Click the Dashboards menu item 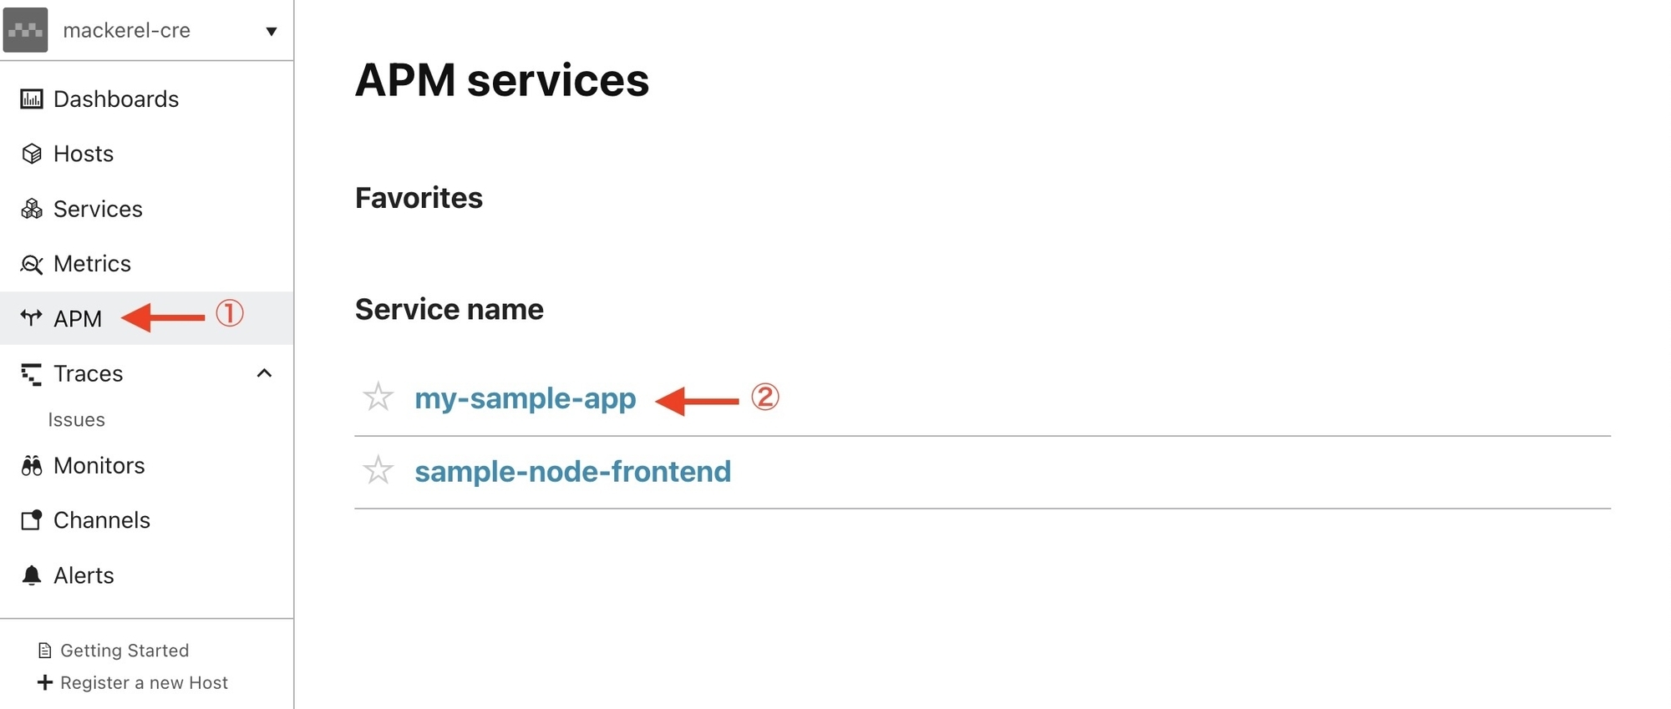pyautogui.click(x=115, y=99)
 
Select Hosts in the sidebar pyautogui.click(x=83, y=154)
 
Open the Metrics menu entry pyautogui.click(x=92, y=264)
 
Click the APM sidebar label pyautogui.click(x=78, y=319)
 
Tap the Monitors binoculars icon pyautogui.click(x=32, y=466)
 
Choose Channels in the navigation pyautogui.click(x=101, y=520)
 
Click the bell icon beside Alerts pyautogui.click(x=32, y=575)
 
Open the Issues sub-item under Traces pyautogui.click(x=76, y=420)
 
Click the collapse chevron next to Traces pyautogui.click(x=264, y=373)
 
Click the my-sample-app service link pyautogui.click(x=525, y=398)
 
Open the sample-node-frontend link pyautogui.click(x=572, y=472)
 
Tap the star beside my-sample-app pyautogui.click(x=378, y=398)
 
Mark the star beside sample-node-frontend pyautogui.click(x=378, y=471)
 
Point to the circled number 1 pyautogui.click(x=230, y=313)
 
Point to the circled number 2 pyautogui.click(x=764, y=397)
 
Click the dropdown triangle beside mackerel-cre pyautogui.click(x=271, y=32)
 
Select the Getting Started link pyautogui.click(x=124, y=651)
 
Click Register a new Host pyautogui.click(x=144, y=683)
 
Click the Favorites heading pyautogui.click(x=419, y=198)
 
